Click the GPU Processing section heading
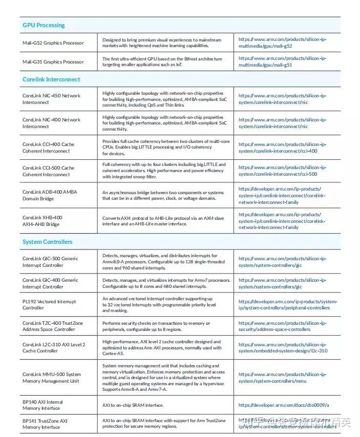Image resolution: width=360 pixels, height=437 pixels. click(x=44, y=25)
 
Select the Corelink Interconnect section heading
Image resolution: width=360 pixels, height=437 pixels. click(x=51, y=79)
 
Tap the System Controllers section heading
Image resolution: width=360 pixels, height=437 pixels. click(x=48, y=242)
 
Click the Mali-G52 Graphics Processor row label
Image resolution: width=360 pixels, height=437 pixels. click(x=53, y=43)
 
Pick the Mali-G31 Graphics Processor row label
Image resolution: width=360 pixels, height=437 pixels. click(x=53, y=61)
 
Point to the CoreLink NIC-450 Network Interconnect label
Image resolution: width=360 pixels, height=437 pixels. click(x=51, y=99)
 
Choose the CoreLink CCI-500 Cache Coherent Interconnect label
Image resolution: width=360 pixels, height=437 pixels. click(x=48, y=171)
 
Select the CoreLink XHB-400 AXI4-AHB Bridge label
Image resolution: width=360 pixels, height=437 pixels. click(x=43, y=221)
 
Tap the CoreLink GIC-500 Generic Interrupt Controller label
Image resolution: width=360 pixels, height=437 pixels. click(x=50, y=262)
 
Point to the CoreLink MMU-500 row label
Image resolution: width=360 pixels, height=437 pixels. click(x=51, y=378)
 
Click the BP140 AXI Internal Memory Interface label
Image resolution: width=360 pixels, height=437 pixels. click(x=43, y=405)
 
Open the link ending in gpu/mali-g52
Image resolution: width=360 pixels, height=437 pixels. click(x=282, y=43)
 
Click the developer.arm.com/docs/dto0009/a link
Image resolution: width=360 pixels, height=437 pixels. click(x=283, y=405)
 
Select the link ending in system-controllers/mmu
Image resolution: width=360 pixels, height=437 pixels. click(x=282, y=378)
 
